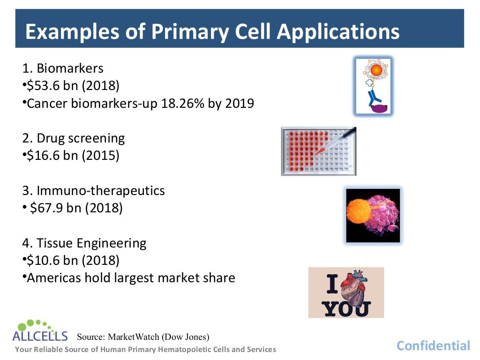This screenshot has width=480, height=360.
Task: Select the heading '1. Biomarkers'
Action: [63, 68]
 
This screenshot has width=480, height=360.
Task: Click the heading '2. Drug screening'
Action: [74, 138]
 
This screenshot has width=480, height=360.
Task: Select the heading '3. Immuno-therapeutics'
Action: [93, 190]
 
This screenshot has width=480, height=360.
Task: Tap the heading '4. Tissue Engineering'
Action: [84, 243]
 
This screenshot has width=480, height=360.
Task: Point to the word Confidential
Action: [433, 346]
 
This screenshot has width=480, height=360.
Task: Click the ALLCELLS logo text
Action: [40, 336]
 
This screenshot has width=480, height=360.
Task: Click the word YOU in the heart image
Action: [346, 308]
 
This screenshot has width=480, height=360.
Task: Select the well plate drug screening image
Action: [318, 151]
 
